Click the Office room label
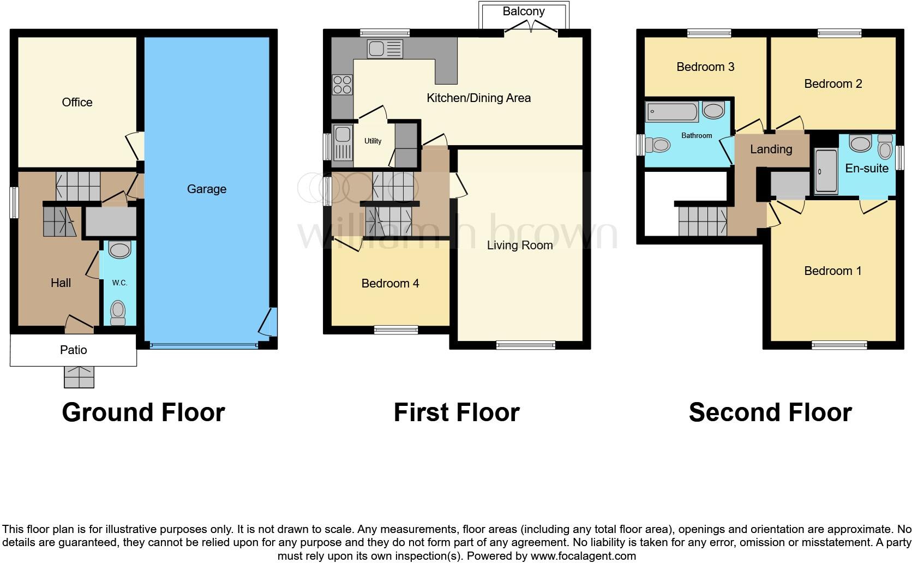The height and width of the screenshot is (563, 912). point(77,103)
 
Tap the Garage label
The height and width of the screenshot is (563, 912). point(206,189)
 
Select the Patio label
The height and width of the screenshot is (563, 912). point(73,350)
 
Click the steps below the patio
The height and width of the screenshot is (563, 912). point(79,376)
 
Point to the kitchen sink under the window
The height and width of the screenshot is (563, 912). point(385,49)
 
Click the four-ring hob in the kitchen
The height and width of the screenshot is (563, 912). point(342,85)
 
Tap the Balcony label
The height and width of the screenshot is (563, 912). point(524,11)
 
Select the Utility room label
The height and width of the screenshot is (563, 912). point(373,141)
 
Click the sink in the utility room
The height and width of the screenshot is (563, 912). point(343,141)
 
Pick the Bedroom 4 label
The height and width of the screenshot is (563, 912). point(390,283)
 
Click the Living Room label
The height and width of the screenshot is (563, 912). point(519,245)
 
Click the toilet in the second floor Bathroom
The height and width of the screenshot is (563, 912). point(658,145)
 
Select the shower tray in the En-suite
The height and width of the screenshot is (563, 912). point(825,171)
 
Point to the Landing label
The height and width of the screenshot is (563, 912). point(771,149)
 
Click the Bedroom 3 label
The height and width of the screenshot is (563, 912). point(705,67)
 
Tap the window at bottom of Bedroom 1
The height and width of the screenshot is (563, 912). point(839,345)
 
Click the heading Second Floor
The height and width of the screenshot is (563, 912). point(770,412)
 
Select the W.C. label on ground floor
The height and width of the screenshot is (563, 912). point(119,283)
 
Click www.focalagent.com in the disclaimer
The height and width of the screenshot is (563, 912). point(583,556)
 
